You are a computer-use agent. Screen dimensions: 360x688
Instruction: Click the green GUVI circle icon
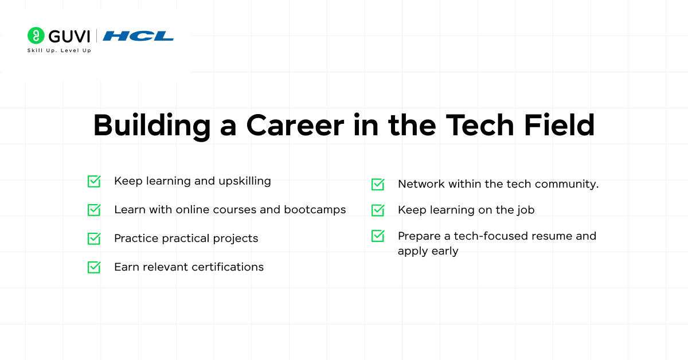coord(36,36)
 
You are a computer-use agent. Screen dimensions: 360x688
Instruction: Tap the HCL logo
coord(138,36)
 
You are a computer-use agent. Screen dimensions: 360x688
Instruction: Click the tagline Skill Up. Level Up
coord(59,50)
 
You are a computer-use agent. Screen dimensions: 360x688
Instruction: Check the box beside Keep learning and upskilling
coord(94,181)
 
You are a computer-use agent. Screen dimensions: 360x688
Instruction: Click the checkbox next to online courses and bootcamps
coord(94,210)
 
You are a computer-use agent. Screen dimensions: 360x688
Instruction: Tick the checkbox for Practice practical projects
coord(94,238)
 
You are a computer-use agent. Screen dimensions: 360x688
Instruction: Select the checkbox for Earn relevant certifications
coord(94,267)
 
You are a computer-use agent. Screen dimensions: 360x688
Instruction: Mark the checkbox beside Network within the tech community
coord(378,184)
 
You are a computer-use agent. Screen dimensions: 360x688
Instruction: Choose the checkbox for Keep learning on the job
coord(378,210)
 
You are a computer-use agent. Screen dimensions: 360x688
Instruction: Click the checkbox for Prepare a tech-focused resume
coord(378,236)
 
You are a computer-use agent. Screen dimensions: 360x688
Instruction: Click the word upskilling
coord(244,182)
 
